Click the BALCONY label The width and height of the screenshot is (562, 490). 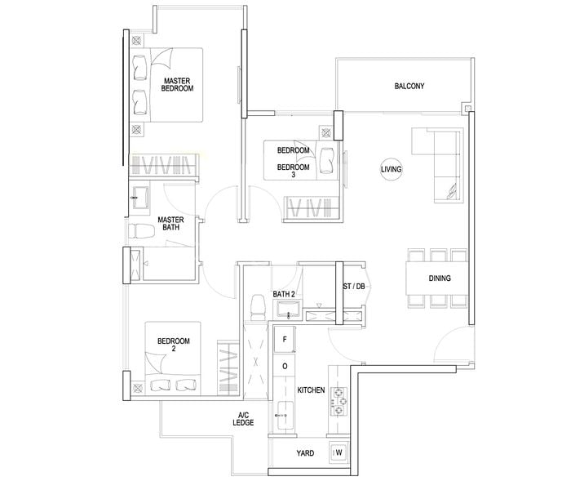(409, 86)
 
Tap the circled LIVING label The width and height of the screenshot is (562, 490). (391, 169)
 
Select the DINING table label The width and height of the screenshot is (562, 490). (440, 278)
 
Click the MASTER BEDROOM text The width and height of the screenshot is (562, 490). (177, 85)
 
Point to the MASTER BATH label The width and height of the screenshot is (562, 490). (170, 223)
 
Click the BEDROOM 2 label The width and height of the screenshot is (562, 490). (174, 345)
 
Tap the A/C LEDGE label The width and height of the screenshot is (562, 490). (243, 419)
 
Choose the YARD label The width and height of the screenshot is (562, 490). (305, 453)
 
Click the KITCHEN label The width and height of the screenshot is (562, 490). (311, 390)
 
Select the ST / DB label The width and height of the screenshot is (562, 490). (354, 287)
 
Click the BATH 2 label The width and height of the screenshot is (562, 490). (284, 294)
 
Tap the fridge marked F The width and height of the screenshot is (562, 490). (285, 340)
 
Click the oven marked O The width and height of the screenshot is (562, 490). (285, 366)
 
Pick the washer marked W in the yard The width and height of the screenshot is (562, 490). (339, 452)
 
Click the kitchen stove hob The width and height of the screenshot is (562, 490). (339, 401)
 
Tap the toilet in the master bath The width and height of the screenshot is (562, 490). (141, 231)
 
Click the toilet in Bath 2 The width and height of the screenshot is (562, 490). (257, 307)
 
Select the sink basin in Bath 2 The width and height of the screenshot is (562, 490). (288, 309)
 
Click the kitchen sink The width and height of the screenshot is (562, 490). (285, 416)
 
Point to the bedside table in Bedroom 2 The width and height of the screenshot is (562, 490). (137, 388)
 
